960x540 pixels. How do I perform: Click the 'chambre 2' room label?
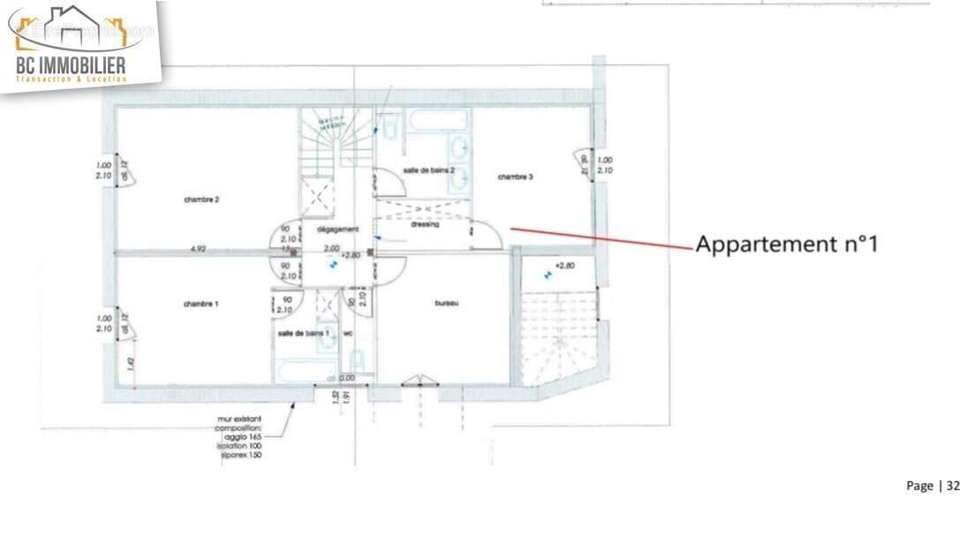click(x=201, y=199)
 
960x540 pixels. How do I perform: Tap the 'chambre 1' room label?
click(x=201, y=304)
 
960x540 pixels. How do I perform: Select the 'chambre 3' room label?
click(x=515, y=176)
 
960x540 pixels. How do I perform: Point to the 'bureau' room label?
click(x=446, y=303)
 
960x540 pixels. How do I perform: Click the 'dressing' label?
click(x=425, y=224)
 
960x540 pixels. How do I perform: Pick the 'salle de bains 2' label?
click(x=428, y=169)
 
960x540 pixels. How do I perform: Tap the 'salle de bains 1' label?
click(x=303, y=333)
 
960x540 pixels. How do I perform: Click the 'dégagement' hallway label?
click(x=337, y=229)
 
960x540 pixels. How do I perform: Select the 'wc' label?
click(x=347, y=333)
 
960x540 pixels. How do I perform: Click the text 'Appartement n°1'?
click(x=786, y=244)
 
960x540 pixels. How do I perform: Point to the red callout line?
click(x=601, y=238)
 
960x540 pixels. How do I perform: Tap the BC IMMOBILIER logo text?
click(x=71, y=64)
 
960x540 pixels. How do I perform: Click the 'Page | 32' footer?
click(x=931, y=485)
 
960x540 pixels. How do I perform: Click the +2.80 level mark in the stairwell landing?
click(x=564, y=265)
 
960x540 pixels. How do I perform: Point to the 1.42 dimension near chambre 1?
click(x=131, y=362)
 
